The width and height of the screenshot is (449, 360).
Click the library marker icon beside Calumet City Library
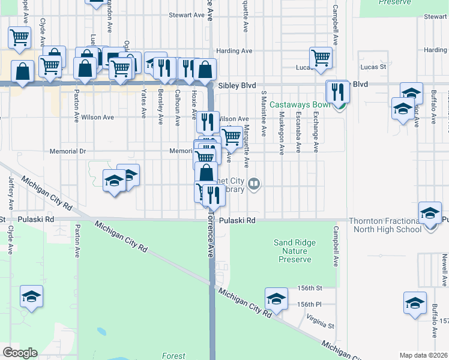[255, 184]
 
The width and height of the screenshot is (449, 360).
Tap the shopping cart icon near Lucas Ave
[321, 58]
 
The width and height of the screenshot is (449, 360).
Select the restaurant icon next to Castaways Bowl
[337, 91]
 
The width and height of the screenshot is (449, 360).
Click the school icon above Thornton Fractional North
[429, 213]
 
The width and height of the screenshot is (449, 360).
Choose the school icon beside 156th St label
[276, 298]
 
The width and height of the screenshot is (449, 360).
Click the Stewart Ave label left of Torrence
[187, 15]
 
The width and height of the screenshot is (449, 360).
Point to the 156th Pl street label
[310, 304]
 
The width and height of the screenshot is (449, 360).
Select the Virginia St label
[320, 321]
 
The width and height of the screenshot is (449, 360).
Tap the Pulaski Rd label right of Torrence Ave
[237, 221]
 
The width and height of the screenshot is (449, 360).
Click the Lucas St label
[373, 67]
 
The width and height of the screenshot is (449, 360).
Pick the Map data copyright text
[423, 355]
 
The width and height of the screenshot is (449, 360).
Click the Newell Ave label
[445, 269]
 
